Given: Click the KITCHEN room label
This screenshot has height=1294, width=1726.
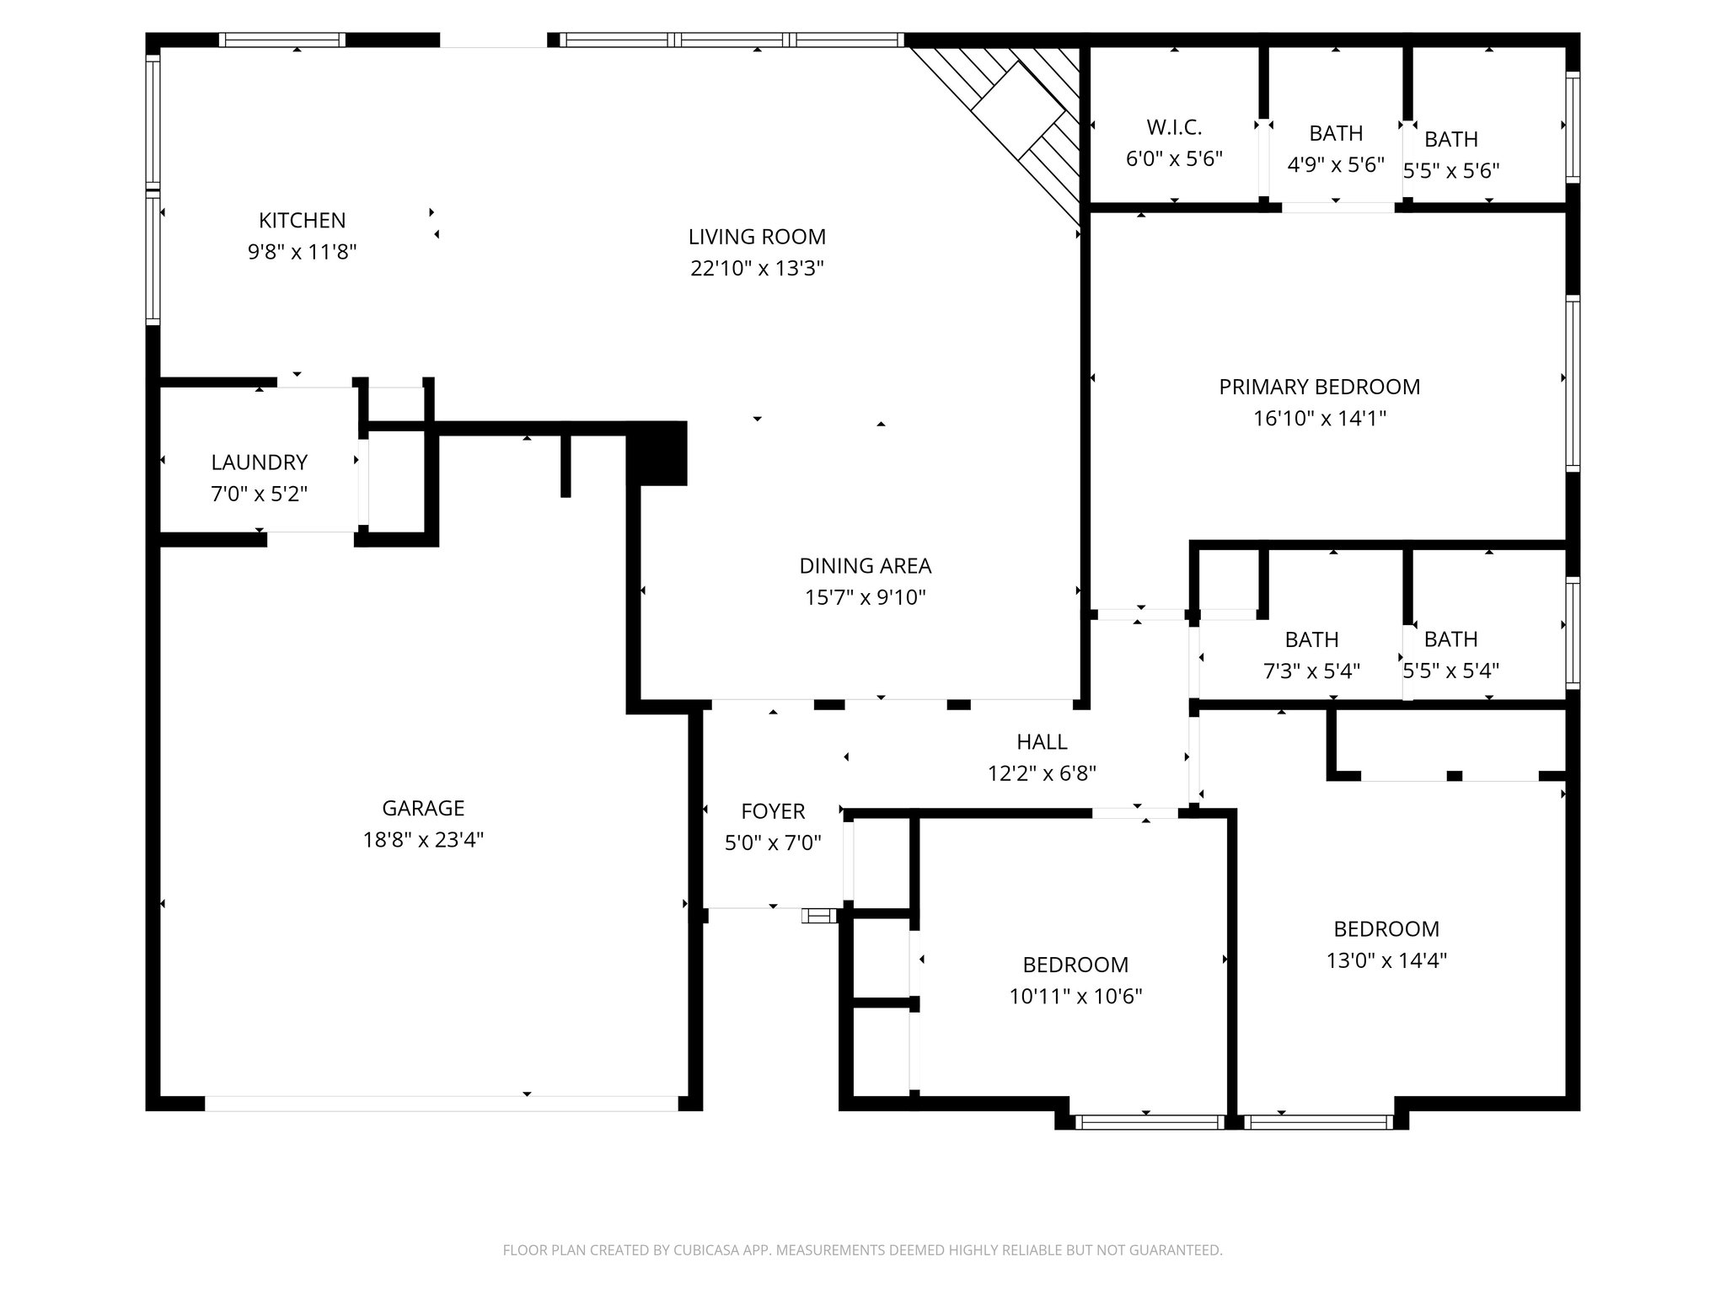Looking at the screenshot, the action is click(302, 221).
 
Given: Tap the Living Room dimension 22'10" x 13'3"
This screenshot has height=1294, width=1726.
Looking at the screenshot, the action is click(757, 269).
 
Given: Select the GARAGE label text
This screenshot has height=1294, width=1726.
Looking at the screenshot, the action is click(423, 809).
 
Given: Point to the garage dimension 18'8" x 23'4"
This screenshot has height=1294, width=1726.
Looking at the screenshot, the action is click(423, 840).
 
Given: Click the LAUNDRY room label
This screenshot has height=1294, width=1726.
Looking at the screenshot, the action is click(259, 463).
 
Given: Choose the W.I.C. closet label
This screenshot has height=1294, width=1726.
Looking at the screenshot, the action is click(1174, 128).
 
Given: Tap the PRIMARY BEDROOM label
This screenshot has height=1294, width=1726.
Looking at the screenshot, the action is click(1319, 387).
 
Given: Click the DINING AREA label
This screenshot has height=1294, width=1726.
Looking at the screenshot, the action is click(865, 566).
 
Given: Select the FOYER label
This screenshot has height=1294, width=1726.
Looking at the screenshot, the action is click(773, 811).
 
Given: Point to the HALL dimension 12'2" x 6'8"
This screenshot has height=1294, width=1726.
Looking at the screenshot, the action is click(1042, 773).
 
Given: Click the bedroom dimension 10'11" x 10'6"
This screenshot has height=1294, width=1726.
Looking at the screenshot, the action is click(1075, 997).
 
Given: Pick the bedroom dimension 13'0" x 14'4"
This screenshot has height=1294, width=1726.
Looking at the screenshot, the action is click(1386, 960).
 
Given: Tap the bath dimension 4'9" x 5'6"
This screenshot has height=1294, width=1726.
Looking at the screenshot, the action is click(1336, 165).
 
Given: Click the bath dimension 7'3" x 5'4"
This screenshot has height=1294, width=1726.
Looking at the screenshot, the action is click(1311, 671).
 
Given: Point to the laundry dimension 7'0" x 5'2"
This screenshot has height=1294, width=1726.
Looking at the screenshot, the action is click(259, 494).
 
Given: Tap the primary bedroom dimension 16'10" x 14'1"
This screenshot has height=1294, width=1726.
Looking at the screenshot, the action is click(1319, 419).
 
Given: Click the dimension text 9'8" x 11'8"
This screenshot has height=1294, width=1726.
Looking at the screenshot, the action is click(302, 252).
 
